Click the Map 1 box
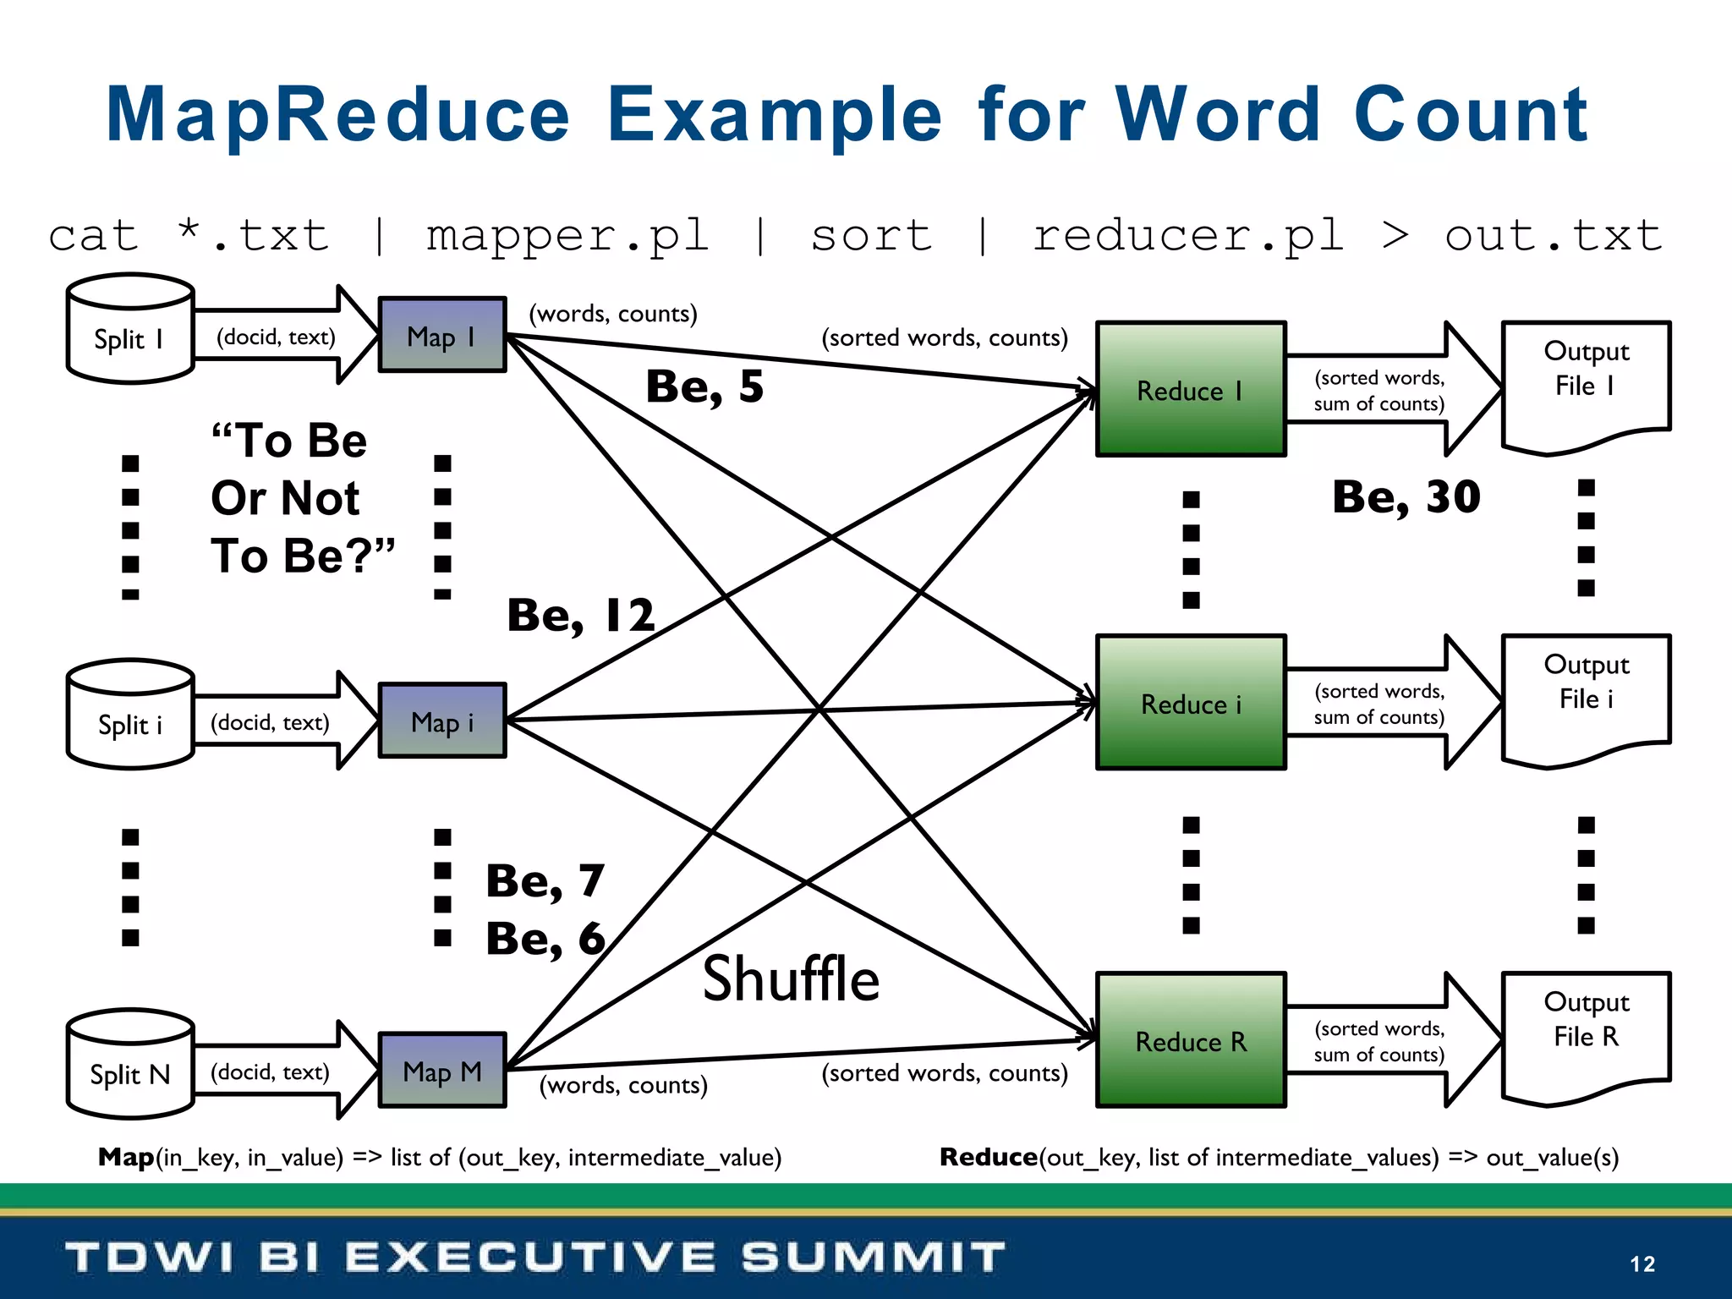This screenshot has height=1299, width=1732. pos(441,335)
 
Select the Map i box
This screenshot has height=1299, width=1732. pos(441,721)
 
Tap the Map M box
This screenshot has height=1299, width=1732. pos(441,1071)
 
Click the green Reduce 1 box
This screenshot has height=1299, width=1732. pos(1191,389)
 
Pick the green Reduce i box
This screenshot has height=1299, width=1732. pos(1191,703)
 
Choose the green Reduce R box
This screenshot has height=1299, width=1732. pos(1191,1040)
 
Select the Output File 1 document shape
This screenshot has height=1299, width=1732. pos(1586,381)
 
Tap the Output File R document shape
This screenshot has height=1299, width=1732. pos(1586,1032)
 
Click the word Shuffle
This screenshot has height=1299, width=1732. pos(791,979)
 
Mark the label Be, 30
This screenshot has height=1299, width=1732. pos(1406,496)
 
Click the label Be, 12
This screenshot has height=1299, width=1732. pos(581,615)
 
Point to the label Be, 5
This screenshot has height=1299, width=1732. pos(704,386)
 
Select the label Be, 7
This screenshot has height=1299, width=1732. pos(545,881)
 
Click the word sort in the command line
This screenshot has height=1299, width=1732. pos(871,235)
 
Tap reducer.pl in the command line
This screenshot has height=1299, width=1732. pos(1188,237)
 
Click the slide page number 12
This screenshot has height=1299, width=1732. pos(1642,1263)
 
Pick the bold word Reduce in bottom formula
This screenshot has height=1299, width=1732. pos(988,1157)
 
